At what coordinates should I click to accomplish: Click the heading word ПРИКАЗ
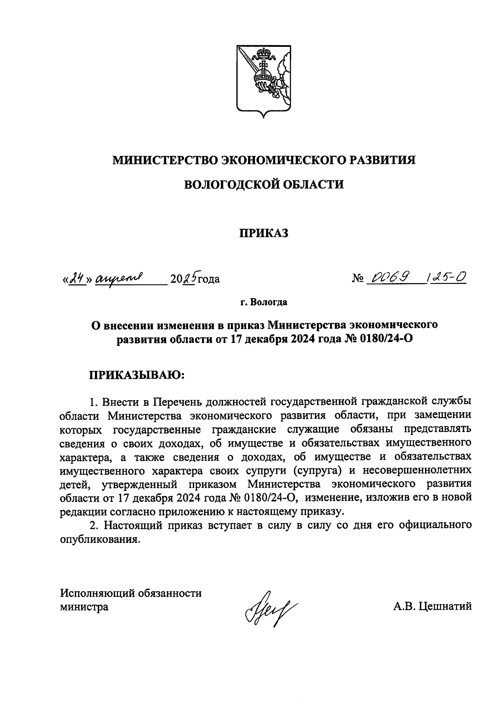[264, 233]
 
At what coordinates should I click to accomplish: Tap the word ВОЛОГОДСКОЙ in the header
[230, 184]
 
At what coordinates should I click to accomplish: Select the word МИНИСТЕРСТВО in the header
[166, 160]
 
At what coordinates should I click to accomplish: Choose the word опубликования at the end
[98, 539]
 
